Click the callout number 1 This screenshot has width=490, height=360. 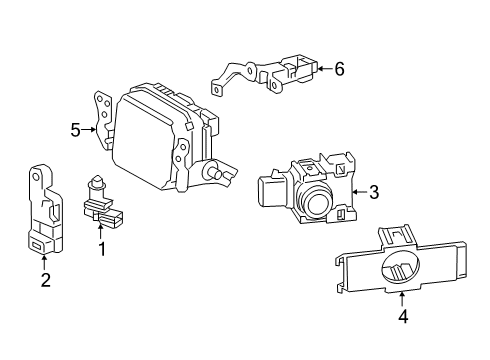tap(102, 249)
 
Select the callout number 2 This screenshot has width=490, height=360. tap(46, 280)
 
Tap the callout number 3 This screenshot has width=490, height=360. tap(374, 192)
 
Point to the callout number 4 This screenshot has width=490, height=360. tap(403, 316)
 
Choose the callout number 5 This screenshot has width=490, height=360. tap(75, 130)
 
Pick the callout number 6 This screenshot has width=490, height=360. tap(339, 69)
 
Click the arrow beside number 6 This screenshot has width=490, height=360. tap(325, 69)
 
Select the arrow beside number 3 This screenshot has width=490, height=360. tap(360, 192)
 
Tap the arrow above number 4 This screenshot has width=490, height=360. tap(402, 299)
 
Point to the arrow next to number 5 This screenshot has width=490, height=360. tap(89, 130)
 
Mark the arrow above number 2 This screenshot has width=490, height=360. tap(44, 262)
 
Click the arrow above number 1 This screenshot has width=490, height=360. tap(100, 232)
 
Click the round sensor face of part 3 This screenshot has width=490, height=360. tap(317, 204)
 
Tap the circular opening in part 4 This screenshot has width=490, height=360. tap(400, 269)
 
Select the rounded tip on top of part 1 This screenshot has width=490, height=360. tap(97, 180)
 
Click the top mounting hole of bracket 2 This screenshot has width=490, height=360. tap(35, 176)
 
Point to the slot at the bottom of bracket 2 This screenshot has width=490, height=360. tap(36, 246)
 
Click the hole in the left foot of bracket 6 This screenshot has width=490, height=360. tap(217, 90)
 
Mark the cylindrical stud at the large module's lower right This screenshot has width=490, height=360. tap(214, 172)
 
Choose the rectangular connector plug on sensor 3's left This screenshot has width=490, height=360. tap(269, 191)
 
